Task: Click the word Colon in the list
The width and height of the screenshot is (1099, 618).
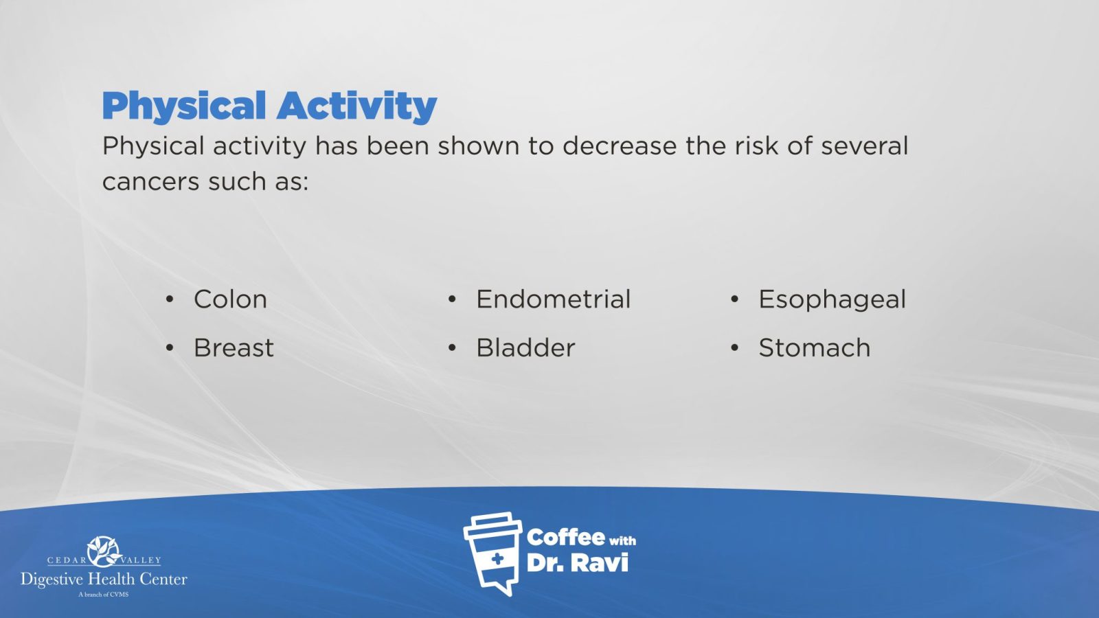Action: click(x=230, y=299)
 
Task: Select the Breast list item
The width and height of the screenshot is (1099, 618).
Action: click(x=234, y=347)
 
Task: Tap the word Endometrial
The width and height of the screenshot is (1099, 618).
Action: click(x=553, y=299)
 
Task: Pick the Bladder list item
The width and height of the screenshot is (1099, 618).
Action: click(x=525, y=347)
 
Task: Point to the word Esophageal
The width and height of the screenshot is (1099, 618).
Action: click(x=832, y=300)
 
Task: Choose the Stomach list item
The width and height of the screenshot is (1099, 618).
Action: click(x=815, y=347)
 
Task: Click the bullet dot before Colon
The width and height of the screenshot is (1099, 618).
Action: click(x=170, y=299)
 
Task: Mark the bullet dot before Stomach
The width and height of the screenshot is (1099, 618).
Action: click(x=734, y=347)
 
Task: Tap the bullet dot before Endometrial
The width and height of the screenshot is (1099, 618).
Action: click(x=452, y=299)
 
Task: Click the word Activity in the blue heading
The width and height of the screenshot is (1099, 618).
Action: click(x=356, y=106)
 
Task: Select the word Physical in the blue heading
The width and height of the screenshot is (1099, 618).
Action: click(x=184, y=106)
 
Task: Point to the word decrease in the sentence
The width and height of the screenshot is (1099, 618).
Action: click(x=619, y=146)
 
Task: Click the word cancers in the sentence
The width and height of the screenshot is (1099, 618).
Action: click(x=150, y=182)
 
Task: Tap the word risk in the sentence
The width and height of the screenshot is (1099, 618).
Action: click(x=756, y=146)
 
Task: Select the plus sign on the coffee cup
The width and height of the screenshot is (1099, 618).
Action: click(x=497, y=559)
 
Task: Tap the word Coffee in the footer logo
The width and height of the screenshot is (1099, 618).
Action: click(x=565, y=538)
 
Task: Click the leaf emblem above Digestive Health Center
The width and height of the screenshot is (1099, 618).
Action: click(x=104, y=552)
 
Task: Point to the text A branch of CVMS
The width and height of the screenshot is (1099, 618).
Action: click(x=104, y=595)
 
